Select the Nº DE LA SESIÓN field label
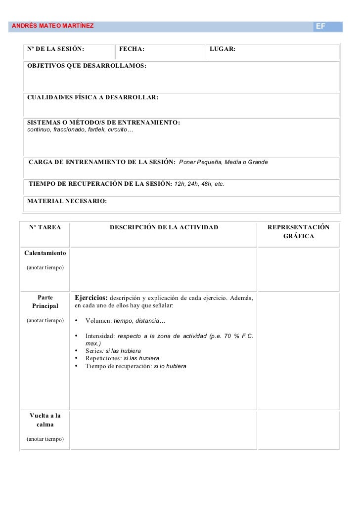coord(55,49)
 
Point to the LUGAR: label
coord(223,49)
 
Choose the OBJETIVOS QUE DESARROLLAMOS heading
coord(87,66)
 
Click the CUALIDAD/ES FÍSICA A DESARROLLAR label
coord(92,98)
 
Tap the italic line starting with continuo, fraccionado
coord(80,130)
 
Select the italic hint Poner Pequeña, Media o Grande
coord(223,162)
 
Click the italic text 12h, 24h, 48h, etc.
coord(199,184)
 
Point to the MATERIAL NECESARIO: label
coord(67,201)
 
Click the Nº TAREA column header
coord(45,227)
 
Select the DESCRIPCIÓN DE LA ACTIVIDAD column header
coord(164,227)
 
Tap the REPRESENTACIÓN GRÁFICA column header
coord(298,232)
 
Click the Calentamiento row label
coord(45,253)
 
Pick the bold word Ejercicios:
coord(90,298)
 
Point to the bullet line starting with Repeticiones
coord(122,358)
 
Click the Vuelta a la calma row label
coord(45,420)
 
